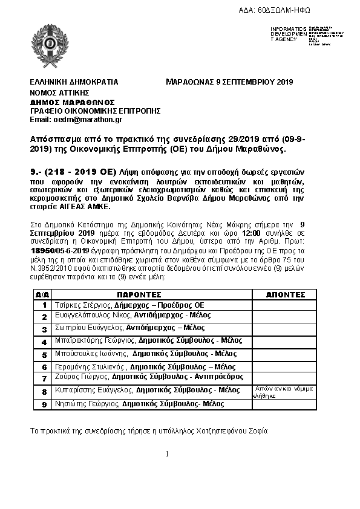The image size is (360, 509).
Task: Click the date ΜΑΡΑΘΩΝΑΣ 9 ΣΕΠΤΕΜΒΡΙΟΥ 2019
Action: [229, 82]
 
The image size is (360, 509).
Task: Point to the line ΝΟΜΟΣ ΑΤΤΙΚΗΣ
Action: [59, 92]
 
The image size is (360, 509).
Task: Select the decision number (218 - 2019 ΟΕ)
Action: [83, 172]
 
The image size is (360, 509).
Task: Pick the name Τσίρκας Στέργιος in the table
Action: [81, 305]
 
